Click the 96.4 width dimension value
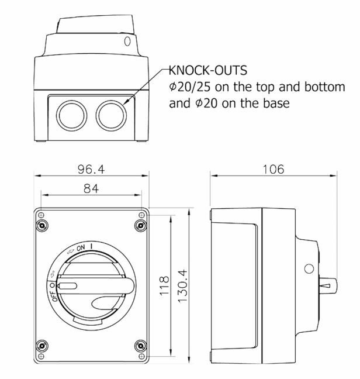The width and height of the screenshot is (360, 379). click(91, 169)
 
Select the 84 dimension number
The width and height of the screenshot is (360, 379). click(91, 188)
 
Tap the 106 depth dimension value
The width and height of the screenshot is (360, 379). click(274, 169)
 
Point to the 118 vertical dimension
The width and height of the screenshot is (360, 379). click(164, 285)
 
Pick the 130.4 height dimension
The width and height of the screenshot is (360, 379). click(183, 285)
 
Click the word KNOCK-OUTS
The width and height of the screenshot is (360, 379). click(208, 70)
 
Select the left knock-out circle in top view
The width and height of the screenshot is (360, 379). click(71, 116)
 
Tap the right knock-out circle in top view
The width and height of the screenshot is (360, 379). click(111, 116)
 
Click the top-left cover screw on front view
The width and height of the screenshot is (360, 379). click(42, 226)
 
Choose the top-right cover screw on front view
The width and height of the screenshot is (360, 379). click(140, 226)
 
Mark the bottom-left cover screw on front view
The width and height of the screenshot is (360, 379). click(42, 346)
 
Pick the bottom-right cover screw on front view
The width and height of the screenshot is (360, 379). click(140, 346)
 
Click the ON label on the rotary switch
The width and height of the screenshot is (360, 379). click(81, 248)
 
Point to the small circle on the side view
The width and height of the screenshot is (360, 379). click(309, 269)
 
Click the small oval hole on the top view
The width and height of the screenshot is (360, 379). click(127, 42)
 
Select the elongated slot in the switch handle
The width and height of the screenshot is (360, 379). click(68, 286)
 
